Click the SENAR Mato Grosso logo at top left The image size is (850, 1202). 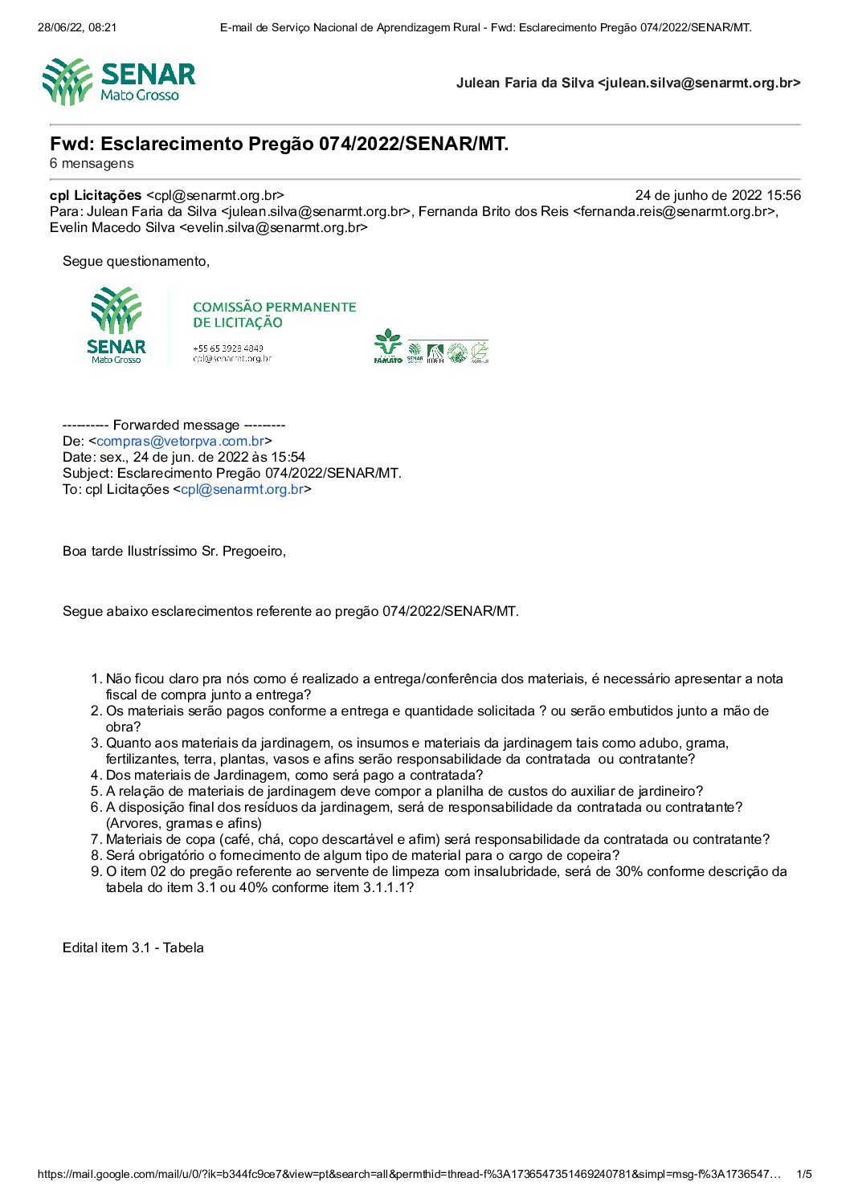[119, 82]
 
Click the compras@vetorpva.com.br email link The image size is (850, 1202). [180, 441]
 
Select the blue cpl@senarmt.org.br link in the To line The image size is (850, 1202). [242, 489]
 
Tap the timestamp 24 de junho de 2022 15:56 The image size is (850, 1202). [717, 195]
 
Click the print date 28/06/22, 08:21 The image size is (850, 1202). [77, 27]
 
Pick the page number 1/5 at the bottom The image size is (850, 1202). [803, 1174]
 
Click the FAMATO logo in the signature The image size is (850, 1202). [388, 346]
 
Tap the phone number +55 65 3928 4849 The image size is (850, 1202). [228, 348]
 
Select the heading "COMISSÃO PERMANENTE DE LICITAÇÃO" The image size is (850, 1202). [274, 315]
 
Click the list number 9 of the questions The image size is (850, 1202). [96, 871]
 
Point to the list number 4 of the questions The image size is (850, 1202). [96, 775]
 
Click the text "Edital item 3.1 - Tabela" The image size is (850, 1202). [133, 947]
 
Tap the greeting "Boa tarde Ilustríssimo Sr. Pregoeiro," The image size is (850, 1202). [174, 551]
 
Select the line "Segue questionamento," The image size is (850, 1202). [136, 261]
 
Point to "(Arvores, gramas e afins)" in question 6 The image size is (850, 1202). [183, 823]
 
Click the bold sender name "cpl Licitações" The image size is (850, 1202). [96, 195]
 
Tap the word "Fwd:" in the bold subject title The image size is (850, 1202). [72, 144]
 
